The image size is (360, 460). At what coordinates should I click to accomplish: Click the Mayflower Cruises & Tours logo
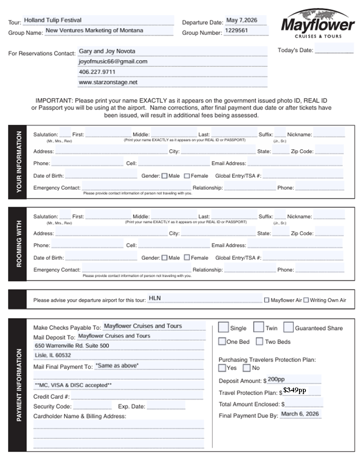[318, 24]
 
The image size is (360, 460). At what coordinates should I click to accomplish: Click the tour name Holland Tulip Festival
[53, 20]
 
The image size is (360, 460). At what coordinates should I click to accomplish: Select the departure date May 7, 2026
[242, 20]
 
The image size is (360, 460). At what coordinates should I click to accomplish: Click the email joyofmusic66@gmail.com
[113, 62]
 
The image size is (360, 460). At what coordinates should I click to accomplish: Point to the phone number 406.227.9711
[97, 72]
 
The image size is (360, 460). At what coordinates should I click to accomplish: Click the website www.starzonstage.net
[108, 82]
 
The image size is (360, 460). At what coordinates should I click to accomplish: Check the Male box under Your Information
[164, 176]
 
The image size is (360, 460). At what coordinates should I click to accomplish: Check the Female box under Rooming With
[187, 258]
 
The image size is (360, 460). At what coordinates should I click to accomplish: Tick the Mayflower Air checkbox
[267, 300]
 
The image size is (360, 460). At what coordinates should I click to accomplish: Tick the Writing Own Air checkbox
[306, 300]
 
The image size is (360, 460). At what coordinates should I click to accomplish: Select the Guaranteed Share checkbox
[288, 328]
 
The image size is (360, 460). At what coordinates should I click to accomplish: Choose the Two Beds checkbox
[259, 342]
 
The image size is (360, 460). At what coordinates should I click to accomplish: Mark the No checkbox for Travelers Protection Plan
[247, 368]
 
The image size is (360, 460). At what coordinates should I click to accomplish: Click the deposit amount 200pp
[276, 380]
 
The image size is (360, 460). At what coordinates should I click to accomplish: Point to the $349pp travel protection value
[295, 391]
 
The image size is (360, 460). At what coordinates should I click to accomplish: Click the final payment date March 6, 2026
[300, 414]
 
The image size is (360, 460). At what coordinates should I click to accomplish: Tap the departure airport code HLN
[154, 298]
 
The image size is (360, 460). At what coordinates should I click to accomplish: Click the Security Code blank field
[92, 406]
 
